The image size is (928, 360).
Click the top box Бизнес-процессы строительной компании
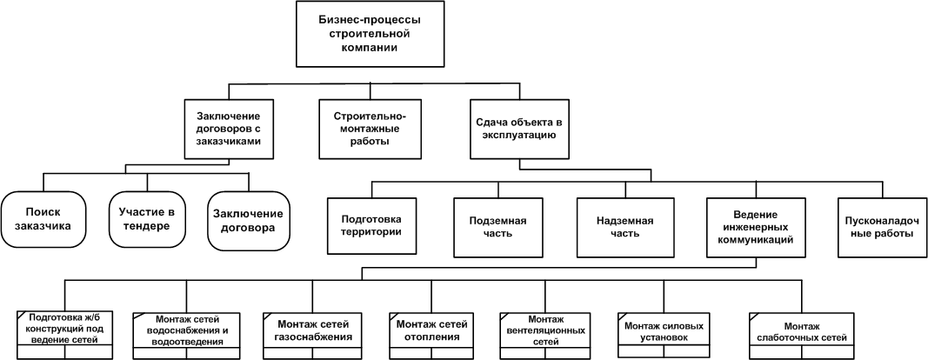point(370,34)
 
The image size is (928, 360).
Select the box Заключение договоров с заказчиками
point(229,129)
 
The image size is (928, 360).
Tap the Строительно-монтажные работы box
point(371,129)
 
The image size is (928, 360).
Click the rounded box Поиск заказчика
point(43,219)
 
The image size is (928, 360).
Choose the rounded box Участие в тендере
point(146,219)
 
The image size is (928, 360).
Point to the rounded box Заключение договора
point(249,220)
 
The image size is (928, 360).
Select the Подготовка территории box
point(371,225)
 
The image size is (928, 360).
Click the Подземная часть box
point(497,227)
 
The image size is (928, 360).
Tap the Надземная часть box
point(625,227)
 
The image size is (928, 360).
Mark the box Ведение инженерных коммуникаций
point(755,227)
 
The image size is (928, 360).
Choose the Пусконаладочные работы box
point(883,227)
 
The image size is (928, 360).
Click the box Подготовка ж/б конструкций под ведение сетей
point(64,335)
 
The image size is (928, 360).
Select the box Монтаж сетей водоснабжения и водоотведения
point(186,336)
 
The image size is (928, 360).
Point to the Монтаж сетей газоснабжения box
point(312,336)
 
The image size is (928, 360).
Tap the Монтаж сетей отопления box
point(432,336)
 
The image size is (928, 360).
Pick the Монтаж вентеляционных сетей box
point(545,336)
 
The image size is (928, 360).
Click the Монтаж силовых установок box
point(664,336)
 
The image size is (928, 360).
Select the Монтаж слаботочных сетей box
point(802,336)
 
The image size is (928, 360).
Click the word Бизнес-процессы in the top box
point(370,19)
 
